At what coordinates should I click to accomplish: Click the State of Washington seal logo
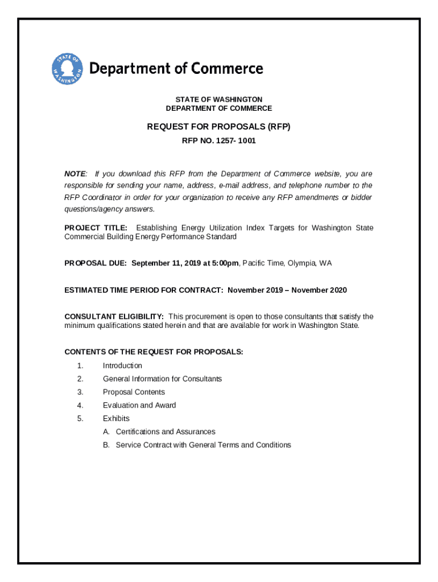click(x=67, y=69)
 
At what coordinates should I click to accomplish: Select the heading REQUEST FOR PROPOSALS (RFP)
click(x=219, y=127)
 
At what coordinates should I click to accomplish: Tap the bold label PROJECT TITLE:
click(x=96, y=228)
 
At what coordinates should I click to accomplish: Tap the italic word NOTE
click(x=75, y=174)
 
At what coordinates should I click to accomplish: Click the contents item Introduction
click(x=122, y=365)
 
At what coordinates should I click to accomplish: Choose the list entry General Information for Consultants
click(x=162, y=379)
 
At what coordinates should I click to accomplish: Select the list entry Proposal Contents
click(x=134, y=392)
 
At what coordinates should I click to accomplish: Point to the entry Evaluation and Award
click(x=139, y=405)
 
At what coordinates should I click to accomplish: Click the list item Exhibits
click(x=116, y=418)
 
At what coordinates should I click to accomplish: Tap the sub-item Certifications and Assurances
click(x=166, y=431)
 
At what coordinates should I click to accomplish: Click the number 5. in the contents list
click(x=81, y=418)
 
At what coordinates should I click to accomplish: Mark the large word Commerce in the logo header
click(x=226, y=69)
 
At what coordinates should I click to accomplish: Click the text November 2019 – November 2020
click(x=287, y=290)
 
